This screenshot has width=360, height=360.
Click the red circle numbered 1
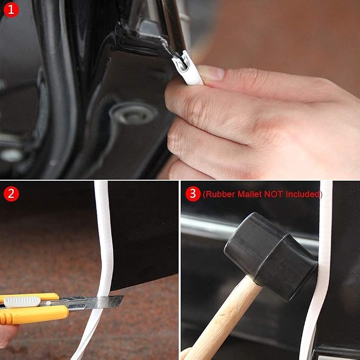point(11,10)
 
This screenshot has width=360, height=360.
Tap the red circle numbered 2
point(11,194)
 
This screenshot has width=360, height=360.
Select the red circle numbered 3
point(192,194)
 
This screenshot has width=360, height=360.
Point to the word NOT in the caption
point(273,194)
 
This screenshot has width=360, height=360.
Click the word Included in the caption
point(303,194)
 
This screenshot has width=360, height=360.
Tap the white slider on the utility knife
point(22,302)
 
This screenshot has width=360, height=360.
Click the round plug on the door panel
point(134,112)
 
